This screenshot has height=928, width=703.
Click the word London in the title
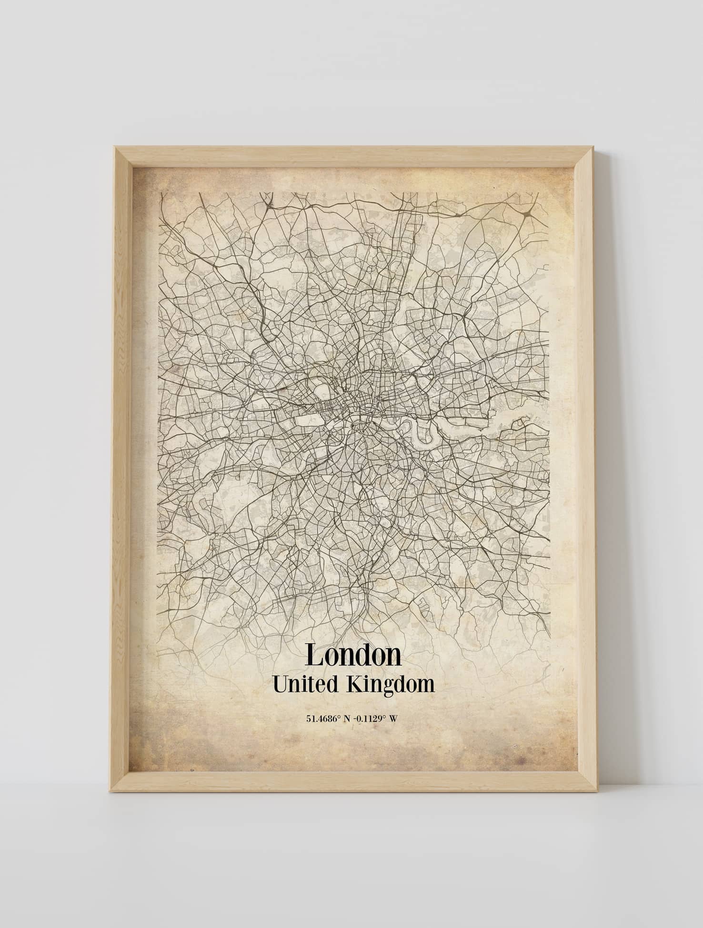coord(353,655)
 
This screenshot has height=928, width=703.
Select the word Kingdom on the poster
coord(391,685)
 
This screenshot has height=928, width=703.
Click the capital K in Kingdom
coord(354,684)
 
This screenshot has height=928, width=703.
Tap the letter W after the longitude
coord(393,718)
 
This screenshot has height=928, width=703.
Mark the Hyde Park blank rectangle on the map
coord(309,420)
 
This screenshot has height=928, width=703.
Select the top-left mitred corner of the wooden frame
coord(123,156)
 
